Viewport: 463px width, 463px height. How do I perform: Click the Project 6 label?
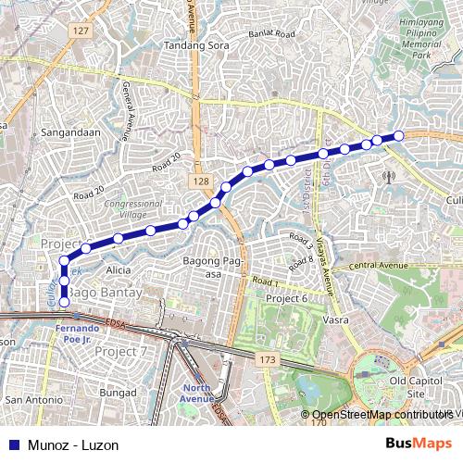point(286,299)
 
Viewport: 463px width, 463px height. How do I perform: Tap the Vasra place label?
point(334,319)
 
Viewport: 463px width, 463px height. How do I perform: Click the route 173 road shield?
point(269,357)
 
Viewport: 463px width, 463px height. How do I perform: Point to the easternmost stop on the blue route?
point(399,136)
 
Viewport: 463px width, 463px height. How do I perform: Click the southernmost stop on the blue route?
point(64,302)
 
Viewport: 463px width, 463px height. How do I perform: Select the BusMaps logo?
point(419,444)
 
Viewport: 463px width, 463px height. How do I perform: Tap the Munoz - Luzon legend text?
point(73,444)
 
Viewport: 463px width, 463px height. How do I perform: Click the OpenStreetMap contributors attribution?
point(382,414)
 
